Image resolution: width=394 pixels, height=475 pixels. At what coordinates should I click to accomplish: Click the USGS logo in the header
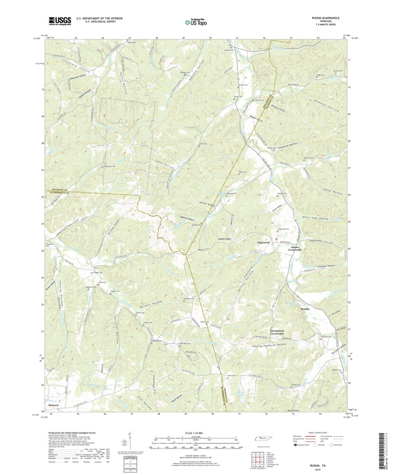[59, 20]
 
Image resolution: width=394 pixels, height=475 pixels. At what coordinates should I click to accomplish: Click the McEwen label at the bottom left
[53, 406]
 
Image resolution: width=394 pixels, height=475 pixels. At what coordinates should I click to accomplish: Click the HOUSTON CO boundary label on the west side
[59, 189]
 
